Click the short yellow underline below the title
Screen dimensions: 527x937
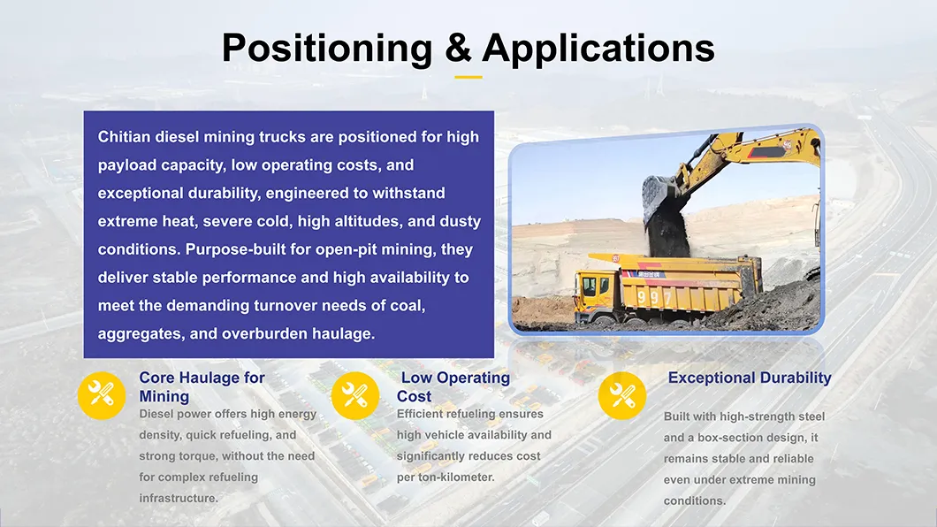468,77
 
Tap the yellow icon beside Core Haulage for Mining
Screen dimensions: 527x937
103,394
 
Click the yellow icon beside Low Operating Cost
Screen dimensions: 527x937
355,394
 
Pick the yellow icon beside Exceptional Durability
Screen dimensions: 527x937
622,394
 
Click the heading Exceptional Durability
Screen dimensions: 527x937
749,378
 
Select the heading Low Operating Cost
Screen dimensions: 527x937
453,387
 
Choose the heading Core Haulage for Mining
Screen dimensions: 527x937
202,387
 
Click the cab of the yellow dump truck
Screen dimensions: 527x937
595,287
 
